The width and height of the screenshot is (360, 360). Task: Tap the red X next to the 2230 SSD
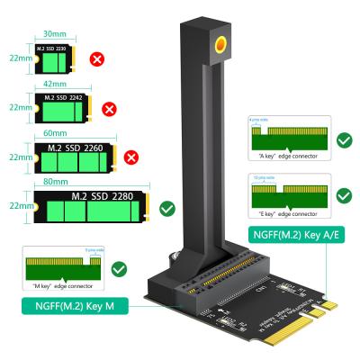(96, 60)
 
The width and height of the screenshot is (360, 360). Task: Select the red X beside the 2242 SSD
(110, 109)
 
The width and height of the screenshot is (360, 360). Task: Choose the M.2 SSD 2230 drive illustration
(55, 59)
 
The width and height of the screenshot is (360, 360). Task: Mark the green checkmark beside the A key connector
(343, 140)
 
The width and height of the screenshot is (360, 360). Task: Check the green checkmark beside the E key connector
(343, 194)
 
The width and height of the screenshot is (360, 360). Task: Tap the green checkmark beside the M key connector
(120, 269)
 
